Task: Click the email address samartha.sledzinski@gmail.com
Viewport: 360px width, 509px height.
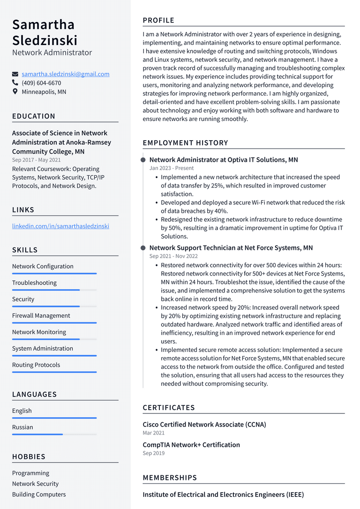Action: coord(66,74)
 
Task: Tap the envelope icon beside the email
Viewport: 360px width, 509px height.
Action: coord(15,74)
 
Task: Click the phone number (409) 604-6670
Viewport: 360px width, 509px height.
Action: coord(41,83)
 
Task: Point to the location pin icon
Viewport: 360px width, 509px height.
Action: coord(15,92)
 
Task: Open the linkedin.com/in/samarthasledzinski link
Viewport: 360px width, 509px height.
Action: coord(60,226)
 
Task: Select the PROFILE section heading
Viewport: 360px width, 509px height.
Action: coord(158,20)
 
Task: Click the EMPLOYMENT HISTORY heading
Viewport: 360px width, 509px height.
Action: coord(185,143)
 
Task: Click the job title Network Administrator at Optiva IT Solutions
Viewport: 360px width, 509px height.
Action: coord(224,160)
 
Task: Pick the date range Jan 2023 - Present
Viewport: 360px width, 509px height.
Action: coord(172,168)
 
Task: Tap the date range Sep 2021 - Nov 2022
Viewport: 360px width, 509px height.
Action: coord(173,256)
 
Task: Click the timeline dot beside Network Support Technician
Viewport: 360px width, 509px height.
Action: coord(143,248)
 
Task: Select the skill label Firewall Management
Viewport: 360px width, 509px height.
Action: coord(41,315)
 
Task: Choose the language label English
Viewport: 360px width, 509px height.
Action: coord(22,411)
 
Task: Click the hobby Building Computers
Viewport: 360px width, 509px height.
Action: coord(39,494)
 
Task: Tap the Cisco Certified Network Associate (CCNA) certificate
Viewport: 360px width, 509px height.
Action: coord(204,425)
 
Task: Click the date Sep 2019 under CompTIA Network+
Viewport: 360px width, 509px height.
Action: coord(154,453)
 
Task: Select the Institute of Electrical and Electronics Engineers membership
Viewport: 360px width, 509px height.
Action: coord(223,494)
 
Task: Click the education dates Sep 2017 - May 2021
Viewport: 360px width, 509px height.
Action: coord(37,160)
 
